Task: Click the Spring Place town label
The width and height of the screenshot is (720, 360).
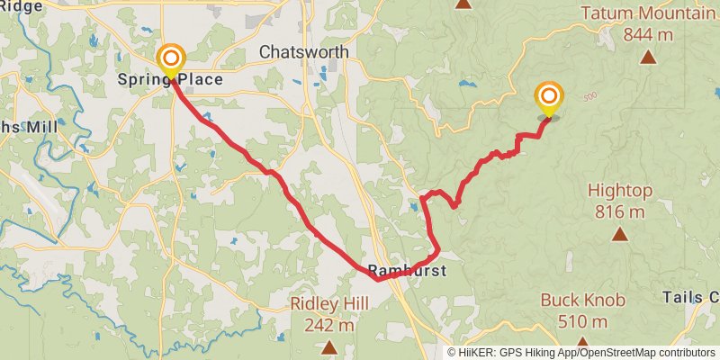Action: click(x=170, y=80)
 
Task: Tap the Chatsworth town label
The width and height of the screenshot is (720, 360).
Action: click(x=303, y=52)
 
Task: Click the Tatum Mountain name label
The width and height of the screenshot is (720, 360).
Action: click(x=648, y=13)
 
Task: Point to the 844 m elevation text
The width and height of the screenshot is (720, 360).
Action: click(x=648, y=35)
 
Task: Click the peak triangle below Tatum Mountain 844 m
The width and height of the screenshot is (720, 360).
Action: click(x=648, y=58)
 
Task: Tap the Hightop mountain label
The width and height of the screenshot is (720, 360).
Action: click(x=619, y=191)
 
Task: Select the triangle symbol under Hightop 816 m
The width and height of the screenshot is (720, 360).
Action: click(x=619, y=234)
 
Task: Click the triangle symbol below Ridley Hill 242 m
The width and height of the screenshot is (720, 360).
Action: click(x=330, y=346)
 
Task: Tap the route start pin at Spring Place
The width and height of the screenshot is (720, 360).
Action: click(x=170, y=61)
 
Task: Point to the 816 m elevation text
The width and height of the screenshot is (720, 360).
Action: click(x=619, y=212)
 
